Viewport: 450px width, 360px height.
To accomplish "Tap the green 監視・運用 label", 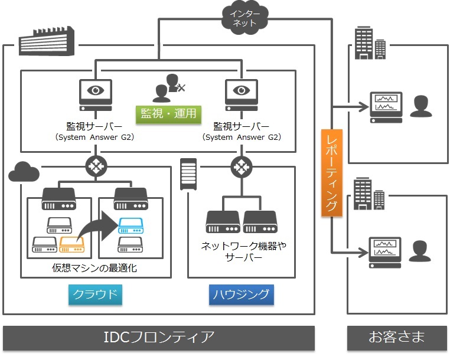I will tap(168, 114).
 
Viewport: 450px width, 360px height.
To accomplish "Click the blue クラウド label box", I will tap(94, 294).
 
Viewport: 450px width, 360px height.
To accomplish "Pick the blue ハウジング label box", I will tap(242, 294).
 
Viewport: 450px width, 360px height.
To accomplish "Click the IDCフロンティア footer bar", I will tap(159, 338).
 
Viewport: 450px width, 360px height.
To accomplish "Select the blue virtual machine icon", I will tap(131, 224).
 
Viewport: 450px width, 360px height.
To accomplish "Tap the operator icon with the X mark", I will tap(168, 89).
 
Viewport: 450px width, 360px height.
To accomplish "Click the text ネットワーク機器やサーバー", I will tap(241, 251).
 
